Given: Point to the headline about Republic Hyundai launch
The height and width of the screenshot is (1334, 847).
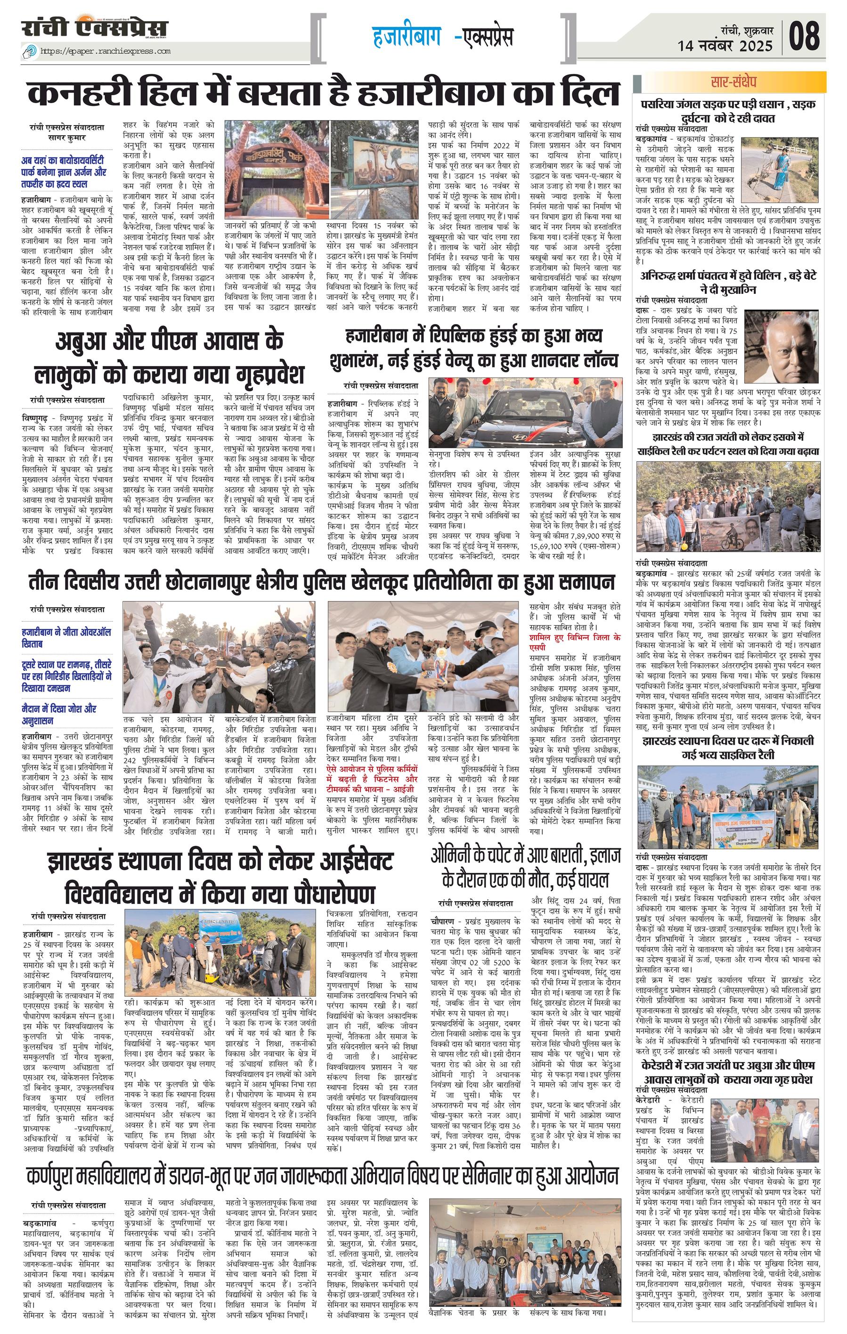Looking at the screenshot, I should pos(481,348).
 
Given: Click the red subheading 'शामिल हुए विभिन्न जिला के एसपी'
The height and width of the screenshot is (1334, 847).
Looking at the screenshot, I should pos(574,642).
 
